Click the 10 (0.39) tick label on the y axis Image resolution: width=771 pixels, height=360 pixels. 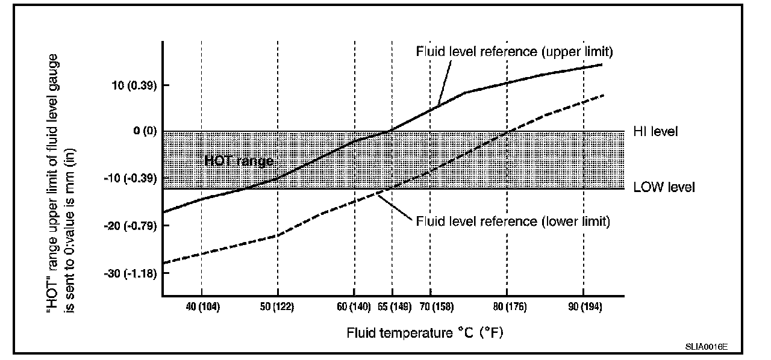(134, 85)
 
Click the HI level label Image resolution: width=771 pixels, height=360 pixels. (655, 131)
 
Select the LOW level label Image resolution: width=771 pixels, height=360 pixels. (664, 188)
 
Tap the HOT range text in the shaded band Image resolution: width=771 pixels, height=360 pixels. (239, 161)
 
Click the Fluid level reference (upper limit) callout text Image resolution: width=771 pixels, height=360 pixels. (514, 51)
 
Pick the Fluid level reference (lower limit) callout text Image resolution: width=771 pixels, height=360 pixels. (513, 221)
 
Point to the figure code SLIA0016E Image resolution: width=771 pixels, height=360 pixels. (706, 347)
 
